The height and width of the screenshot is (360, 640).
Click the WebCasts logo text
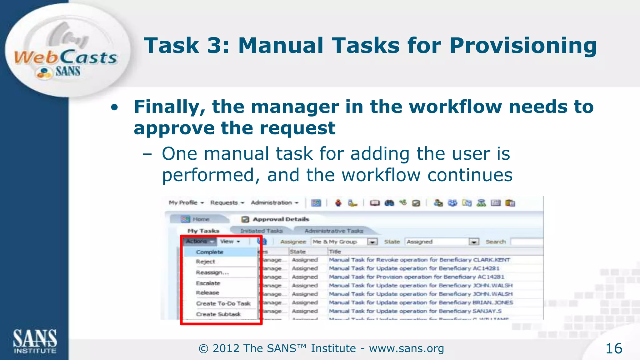coord(66,58)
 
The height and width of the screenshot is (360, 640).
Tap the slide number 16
coord(614,348)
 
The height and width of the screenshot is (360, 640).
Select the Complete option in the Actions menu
coord(209,252)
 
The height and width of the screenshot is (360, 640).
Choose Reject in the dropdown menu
coord(205,262)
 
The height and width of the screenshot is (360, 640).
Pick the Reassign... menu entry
coord(212,272)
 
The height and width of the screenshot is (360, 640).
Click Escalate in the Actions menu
coord(208,283)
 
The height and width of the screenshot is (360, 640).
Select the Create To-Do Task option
coord(223,303)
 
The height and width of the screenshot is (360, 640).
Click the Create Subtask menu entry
coord(218,314)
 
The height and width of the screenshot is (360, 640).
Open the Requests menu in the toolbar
coord(227,203)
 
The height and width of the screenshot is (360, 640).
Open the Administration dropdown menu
coord(274,203)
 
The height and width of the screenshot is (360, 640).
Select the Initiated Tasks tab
coord(262,231)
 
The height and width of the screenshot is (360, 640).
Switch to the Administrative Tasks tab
coord(333,231)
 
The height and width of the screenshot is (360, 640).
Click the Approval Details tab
coord(280,219)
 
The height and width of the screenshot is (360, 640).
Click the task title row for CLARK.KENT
coord(419,260)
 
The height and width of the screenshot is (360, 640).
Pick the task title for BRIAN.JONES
coord(421,302)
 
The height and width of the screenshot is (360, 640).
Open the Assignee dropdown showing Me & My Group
coord(372,242)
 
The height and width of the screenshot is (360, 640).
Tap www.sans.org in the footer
coord(406,348)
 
